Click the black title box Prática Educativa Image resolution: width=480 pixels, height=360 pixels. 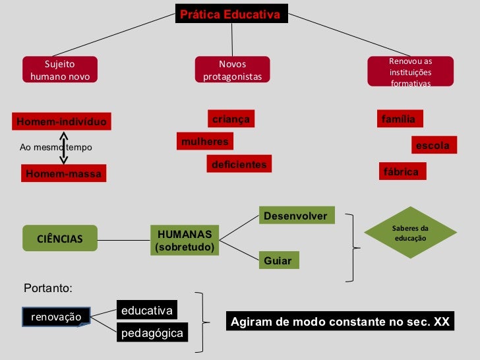pos(231,14)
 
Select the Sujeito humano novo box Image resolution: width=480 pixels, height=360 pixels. pos(59,71)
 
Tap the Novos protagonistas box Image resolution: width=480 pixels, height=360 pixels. pos(232,71)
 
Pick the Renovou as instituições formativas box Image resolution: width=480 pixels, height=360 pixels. pos(410,71)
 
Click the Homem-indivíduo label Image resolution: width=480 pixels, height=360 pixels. pos(61,122)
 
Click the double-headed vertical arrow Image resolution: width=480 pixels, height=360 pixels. pos(64,148)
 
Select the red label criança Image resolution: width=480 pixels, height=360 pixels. pos(231,119)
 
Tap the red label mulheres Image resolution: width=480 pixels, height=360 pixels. pos(204,141)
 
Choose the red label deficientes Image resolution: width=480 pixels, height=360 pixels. pos(239,164)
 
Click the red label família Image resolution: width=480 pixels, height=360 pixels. pos(400,119)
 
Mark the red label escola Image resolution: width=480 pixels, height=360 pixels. pos(433,145)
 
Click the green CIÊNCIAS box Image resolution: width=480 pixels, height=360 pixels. pos(59,239)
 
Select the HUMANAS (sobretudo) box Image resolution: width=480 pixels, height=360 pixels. pos(185,241)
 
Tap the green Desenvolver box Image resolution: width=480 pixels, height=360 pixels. pos(297,216)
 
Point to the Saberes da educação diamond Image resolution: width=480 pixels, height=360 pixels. pos(410,233)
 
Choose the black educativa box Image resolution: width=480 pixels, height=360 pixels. pos(147,310)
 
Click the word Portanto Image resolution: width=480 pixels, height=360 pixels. pos(47,288)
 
